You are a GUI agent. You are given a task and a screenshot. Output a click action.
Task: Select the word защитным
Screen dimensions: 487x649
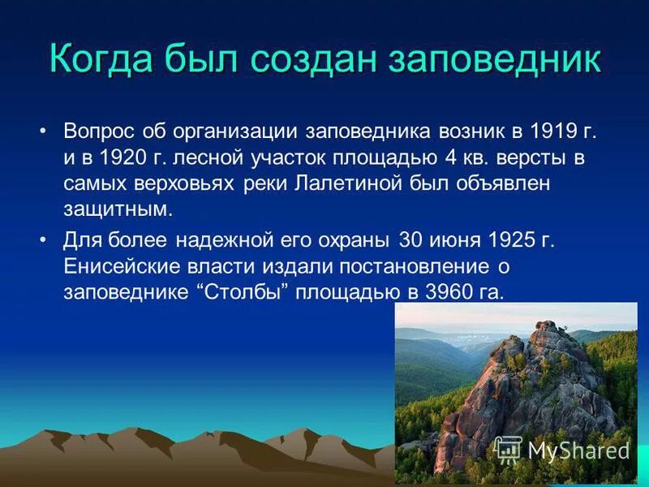117,209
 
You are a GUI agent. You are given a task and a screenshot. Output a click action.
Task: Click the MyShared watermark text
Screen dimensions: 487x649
578,449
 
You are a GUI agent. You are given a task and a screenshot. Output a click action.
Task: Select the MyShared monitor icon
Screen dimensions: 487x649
508,449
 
